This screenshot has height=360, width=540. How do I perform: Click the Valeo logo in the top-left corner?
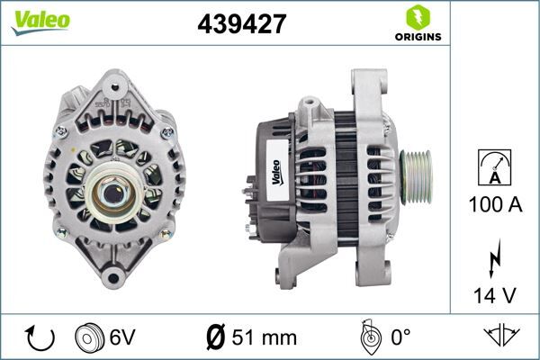40,21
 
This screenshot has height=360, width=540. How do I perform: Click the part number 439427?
241,24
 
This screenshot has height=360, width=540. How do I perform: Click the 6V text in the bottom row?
122,337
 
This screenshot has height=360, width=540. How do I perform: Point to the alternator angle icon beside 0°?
366,337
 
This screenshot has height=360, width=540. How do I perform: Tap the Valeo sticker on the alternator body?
278,171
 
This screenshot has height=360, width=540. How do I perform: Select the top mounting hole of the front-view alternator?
113,88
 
